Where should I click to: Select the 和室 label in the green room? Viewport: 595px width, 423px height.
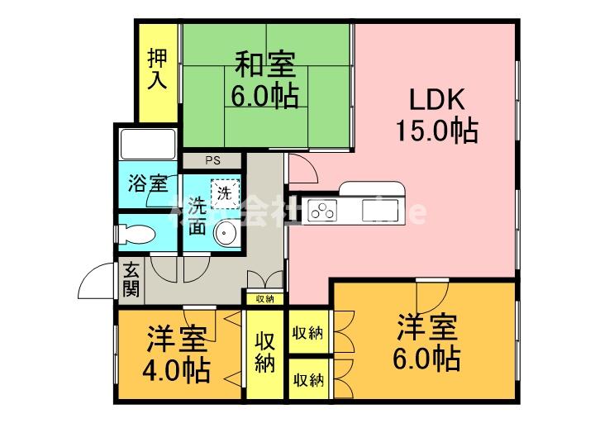coord(264,64)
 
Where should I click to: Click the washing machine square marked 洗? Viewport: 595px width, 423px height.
coord(224,193)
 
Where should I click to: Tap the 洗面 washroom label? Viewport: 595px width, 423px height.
coord(198,217)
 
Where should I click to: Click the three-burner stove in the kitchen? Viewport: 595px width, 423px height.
coord(323,211)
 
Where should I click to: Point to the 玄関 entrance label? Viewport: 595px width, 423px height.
coord(131,279)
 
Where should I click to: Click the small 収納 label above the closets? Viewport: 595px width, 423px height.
coord(264,298)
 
